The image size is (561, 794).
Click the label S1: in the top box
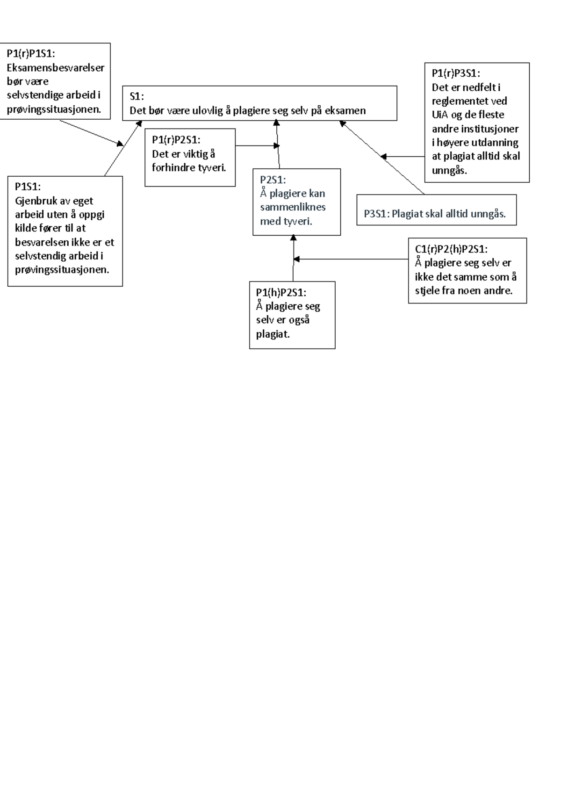pyautogui.click(x=137, y=96)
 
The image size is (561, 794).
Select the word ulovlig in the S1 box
pyautogui.click(x=208, y=111)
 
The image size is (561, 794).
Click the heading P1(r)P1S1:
pyautogui.click(x=31, y=53)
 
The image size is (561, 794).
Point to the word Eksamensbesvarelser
pyautogui.click(x=55, y=67)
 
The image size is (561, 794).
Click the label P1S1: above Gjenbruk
pyautogui.click(x=28, y=187)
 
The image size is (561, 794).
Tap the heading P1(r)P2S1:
pyautogui.click(x=176, y=139)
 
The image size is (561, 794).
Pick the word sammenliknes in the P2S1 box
pyautogui.click(x=293, y=207)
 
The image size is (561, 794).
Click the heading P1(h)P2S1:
pyautogui.click(x=281, y=292)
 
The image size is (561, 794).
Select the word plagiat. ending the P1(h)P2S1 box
pyautogui.click(x=273, y=334)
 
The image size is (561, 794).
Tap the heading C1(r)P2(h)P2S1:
pyautogui.click(x=451, y=249)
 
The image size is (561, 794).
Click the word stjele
pyautogui.click(x=427, y=290)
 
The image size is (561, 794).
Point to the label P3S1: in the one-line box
pyautogui.click(x=376, y=214)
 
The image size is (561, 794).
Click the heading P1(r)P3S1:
pyautogui.click(x=455, y=73)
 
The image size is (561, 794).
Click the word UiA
pyautogui.click(x=440, y=115)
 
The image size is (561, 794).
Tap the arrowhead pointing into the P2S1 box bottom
pyautogui.click(x=294, y=238)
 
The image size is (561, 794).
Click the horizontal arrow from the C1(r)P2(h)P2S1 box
pyautogui.click(x=351, y=259)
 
